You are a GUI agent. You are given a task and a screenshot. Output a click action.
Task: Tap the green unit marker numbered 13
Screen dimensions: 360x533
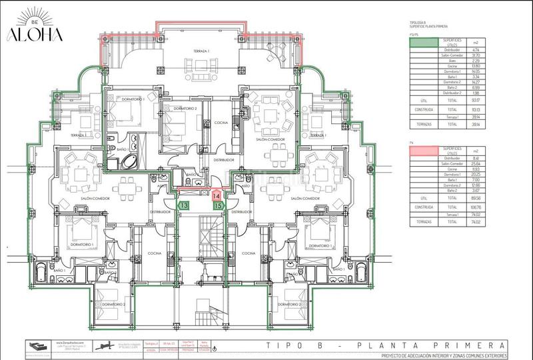pos(184,206)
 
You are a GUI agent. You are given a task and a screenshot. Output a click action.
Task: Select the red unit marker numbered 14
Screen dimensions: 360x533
pos(217,196)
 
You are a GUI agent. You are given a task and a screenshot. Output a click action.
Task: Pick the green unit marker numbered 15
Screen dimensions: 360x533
pos(218,206)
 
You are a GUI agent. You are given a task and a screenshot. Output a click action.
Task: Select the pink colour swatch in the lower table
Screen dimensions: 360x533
pos(424,152)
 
